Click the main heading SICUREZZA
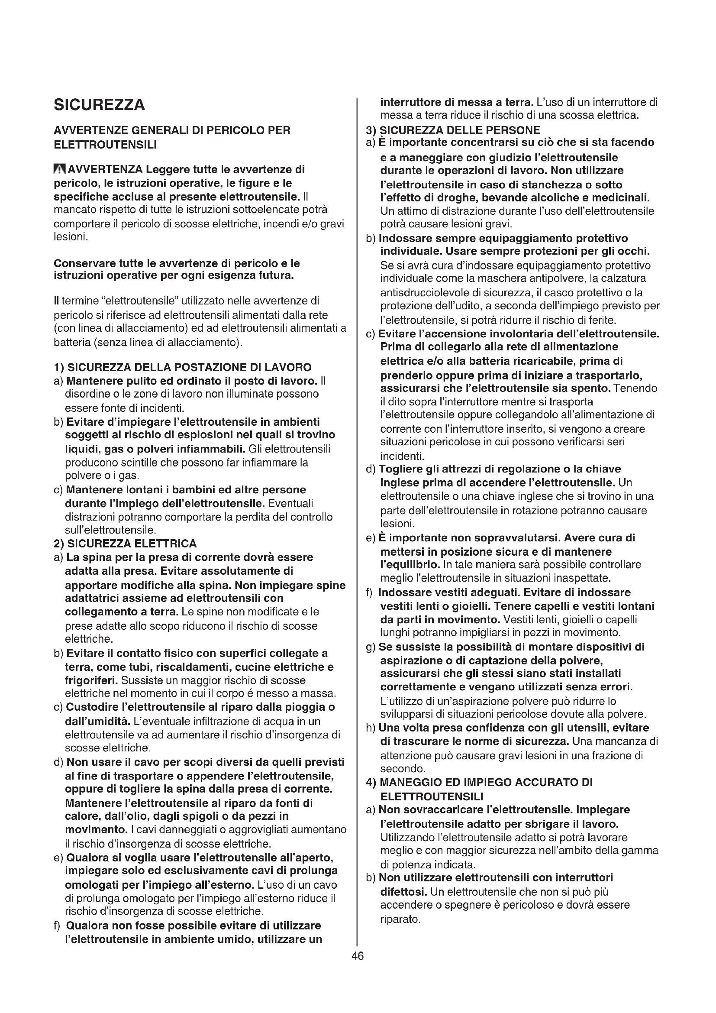point(99,105)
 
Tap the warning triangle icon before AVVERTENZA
point(59,169)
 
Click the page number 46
point(358,956)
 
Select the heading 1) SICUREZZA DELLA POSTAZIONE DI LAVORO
point(183,367)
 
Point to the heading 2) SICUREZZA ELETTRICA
point(125,543)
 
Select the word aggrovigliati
point(267,830)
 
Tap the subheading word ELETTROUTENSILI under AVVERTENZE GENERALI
point(105,145)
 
